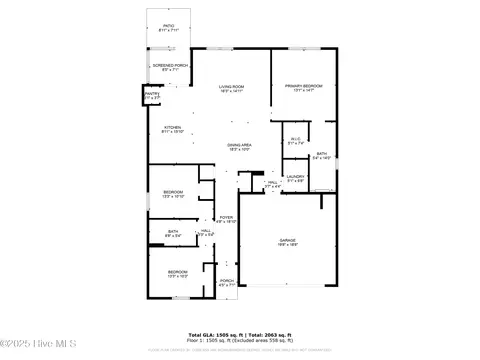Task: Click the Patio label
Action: [x=168, y=28]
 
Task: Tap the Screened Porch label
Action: [x=168, y=66]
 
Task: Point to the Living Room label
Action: [x=232, y=87]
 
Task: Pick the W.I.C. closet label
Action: [x=295, y=140]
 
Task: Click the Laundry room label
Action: [x=295, y=177]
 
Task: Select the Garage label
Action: [x=290, y=241]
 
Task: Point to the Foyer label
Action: [x=226, y=218]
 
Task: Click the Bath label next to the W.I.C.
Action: [x=322, y=153]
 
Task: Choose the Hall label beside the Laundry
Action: [x=272, y=182]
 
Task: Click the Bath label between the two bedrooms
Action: [x=173, y=232]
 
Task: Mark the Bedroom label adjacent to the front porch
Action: [x=177, y=271]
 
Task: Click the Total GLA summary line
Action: [x=240, y=334]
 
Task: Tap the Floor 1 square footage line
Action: [x=240, y=340]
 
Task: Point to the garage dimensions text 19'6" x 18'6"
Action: [x=290, y=246]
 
